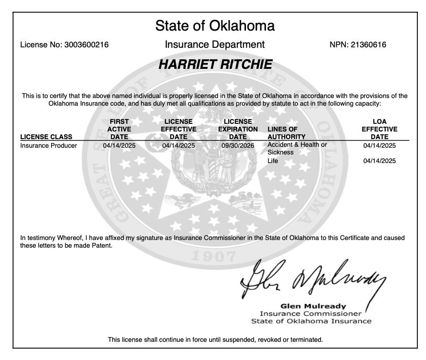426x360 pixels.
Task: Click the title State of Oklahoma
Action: pyautogui.click(x=215, y=26)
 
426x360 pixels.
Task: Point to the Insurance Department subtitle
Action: pyautogui.click(x=214, y=45)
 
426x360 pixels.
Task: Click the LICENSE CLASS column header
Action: pyautogui.click(x=46, y=137)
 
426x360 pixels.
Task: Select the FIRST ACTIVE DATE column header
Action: pyautogui.click(x=119, y=129)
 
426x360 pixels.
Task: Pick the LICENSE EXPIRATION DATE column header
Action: pyautogui.click(x=238, y=129)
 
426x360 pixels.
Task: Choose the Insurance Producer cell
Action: pyautogui.click(x=49, y=145)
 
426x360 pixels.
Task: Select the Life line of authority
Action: pyautogui.click(x=273, y=161)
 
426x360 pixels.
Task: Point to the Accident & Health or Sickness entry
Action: pyautogui.click(x=297, y=148)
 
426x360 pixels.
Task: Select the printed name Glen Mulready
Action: pyautogui.click(x=313, y=306)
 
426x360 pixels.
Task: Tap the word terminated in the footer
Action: pyautogui.click(x=306, y=340)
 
